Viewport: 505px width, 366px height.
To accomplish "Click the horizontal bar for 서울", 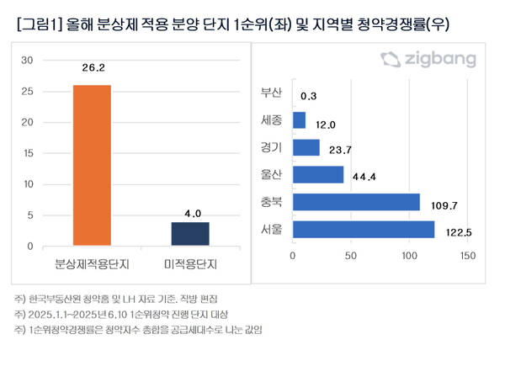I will (364, 229).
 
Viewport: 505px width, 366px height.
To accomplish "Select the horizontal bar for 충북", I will (356, 202).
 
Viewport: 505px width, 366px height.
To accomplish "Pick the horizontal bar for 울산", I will (318, 175).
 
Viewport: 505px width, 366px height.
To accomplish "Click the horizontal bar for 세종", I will (300, 120).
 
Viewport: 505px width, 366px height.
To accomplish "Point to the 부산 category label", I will (273, 93).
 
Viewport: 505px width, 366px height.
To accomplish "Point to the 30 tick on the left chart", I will (27, 61).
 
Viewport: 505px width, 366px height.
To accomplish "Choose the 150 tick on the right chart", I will (467, 255).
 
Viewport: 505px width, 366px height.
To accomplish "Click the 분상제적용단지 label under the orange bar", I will (92, 264).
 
